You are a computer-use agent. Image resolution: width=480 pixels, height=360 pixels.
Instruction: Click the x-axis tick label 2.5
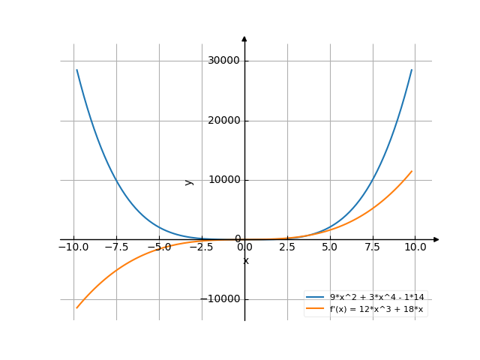(288, 247)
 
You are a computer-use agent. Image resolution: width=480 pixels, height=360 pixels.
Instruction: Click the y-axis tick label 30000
(225, 61)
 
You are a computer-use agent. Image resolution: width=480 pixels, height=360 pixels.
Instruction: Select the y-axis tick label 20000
(225, 120)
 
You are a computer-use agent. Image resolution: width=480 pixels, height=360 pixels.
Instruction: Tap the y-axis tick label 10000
(225, 180)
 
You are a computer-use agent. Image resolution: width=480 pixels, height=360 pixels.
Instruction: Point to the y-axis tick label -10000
(222, 298)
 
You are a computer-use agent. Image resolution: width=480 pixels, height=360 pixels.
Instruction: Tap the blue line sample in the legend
(315, 298)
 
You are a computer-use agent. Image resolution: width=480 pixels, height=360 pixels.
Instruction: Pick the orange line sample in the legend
(315, 308)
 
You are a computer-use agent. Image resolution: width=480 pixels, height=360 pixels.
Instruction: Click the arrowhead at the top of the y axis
(244, 38)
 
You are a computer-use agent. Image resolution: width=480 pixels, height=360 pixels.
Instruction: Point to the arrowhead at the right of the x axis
(436, 239)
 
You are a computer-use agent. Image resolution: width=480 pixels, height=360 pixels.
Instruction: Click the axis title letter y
(189, 181)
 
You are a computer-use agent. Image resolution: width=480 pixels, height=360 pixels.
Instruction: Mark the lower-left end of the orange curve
(76, 307)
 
